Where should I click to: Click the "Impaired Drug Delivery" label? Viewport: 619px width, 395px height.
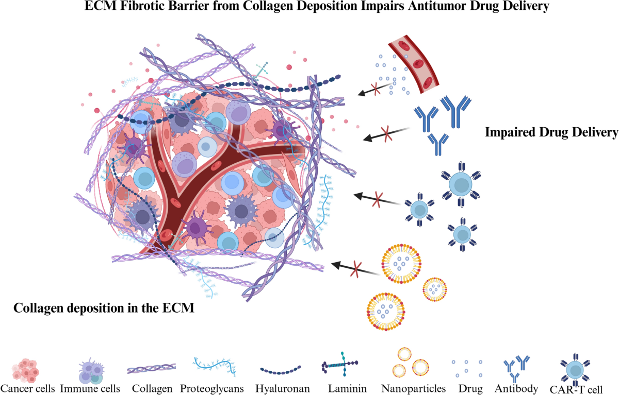(551, 133)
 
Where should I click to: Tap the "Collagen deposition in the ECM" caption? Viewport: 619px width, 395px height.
(103, 308)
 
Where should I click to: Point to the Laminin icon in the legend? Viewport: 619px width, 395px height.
(340, 366)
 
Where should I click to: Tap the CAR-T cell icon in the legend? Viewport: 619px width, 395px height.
(575, 369)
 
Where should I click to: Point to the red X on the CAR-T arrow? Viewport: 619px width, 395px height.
(378, 198)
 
